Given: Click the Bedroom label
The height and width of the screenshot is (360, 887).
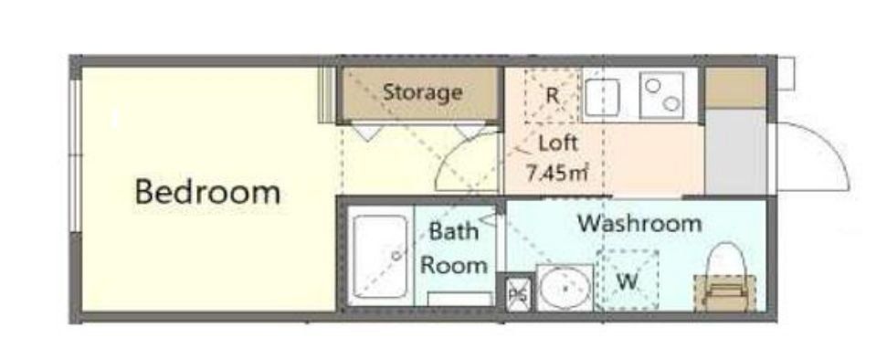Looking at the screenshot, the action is pos(207,192).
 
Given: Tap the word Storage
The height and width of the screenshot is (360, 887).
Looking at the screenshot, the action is pos(423,92).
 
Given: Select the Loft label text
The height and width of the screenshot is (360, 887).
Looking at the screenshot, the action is pos(558,143).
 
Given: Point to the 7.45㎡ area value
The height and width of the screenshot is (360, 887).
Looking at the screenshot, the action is pos(558,172).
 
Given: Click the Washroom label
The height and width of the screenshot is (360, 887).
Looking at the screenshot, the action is pos(639,223).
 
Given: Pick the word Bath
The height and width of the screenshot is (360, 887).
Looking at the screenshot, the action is pos(454,231).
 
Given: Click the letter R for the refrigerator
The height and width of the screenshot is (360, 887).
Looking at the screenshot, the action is pos(552,96).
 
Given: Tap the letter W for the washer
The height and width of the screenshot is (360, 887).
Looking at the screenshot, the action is pos(627,281).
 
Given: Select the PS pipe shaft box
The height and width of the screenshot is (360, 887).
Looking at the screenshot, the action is pos(519,293).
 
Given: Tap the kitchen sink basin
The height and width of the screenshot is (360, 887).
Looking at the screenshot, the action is pos(603,98).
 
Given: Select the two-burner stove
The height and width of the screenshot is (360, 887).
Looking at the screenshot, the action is pos(661,94).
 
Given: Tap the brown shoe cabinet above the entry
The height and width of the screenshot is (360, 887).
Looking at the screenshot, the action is pos(736,89).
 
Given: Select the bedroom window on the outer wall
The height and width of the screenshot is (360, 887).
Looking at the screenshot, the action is pos(75,155).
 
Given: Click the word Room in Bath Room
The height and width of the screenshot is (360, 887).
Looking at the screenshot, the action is pos(454,265).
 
